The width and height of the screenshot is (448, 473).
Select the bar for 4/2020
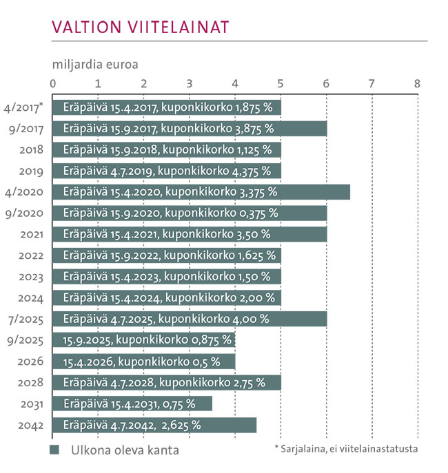[201, 191]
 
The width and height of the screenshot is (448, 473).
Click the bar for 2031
[132, 404]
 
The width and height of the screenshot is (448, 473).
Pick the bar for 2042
[155, 425]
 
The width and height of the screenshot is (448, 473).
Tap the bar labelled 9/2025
[144, 340]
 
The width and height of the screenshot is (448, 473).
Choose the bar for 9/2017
[190, 128]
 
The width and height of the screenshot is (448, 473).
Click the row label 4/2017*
[23, 107]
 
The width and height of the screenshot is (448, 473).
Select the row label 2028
[32, 383]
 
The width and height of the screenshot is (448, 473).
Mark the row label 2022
[32, 255]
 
